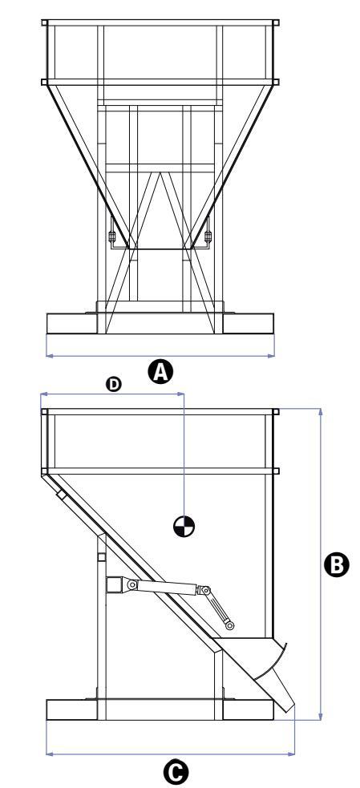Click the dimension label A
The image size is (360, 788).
coord(160,373)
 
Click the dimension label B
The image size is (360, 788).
coord(337,565)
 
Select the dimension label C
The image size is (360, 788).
coord(176,773)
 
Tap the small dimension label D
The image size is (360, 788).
coord(114,385)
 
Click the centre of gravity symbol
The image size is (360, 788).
coord(184,526)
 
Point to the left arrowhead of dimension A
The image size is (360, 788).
coord(49,356)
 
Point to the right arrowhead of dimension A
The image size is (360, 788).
coord(272,356)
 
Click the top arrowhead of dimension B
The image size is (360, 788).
coord(320,411)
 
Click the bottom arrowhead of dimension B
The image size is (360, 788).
coord(320,716)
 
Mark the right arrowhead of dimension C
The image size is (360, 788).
coord(292,754)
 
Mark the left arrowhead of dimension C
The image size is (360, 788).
coord(49,754)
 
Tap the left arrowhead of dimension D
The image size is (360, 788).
coord(44,394)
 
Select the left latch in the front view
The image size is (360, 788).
coord(111,236)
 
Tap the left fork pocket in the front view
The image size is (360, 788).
coord(71,323)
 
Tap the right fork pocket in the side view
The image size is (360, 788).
coord(249,709)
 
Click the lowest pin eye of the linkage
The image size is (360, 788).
coord(230,626)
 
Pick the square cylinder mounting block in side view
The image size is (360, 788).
coord(115,585)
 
